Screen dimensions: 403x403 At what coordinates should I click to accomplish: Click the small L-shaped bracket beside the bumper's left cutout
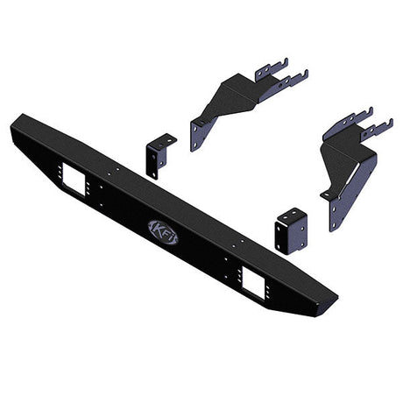coord(158,155)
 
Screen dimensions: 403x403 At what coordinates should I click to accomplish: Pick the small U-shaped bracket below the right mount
coord(290,230)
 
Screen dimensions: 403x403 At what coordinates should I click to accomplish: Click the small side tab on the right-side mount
coord(326,194)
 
